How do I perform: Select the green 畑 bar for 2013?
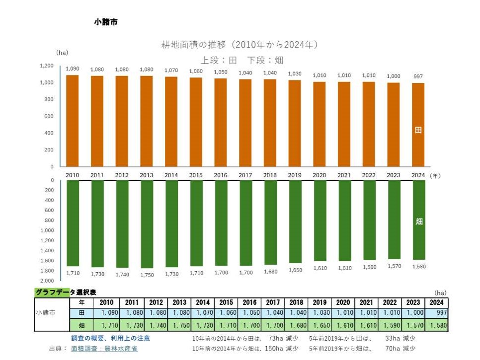[x=147, y=224]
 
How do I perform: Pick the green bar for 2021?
[x=344, y=220]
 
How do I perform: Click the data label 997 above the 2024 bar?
[x=419, y=76]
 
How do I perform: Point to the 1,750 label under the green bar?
[x=147, y=274]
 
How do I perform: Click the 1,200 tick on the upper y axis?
[x=47, y=66]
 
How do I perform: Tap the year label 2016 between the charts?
[x=221, y=175]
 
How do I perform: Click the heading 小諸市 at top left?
[x=106, y=22]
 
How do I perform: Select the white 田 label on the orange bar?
[x=418, y=131]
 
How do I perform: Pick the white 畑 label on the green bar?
[x=419, y=221]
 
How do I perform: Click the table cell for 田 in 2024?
[x=438, y=313]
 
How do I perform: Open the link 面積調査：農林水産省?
[x=104, y=349]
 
